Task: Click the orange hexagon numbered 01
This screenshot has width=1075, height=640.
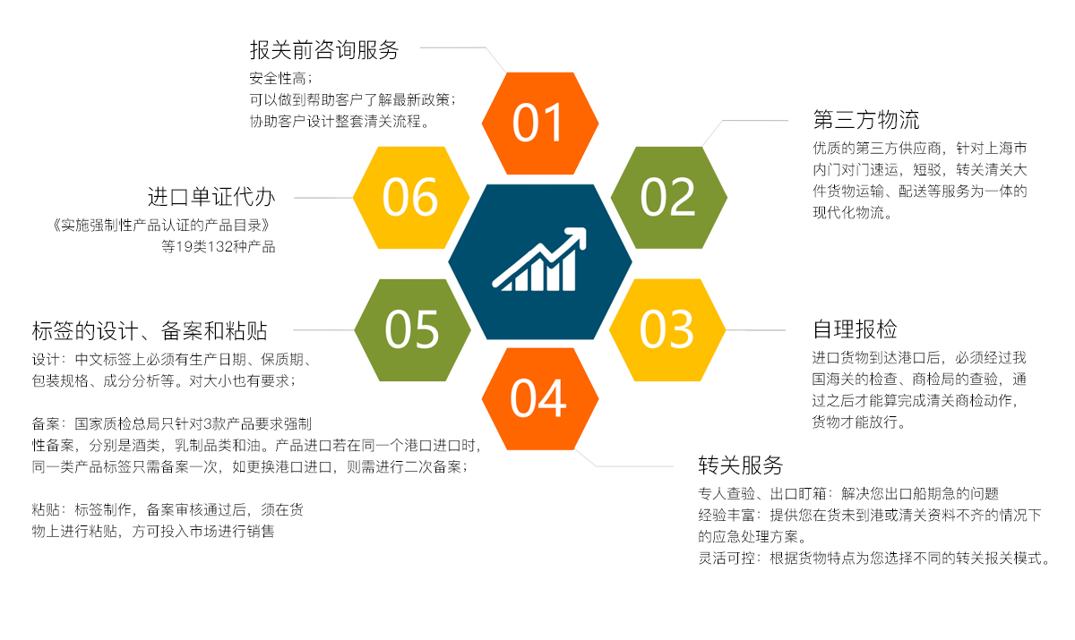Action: coord(540,124)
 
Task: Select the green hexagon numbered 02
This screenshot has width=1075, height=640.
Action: coord(668,198)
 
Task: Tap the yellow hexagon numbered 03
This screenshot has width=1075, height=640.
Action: coord(667,329)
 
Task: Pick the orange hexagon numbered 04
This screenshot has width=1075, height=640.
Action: coord(540,399)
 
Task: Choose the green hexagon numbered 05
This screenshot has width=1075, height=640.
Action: coord(412,329)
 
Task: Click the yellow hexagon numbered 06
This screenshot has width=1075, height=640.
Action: coord(411,198)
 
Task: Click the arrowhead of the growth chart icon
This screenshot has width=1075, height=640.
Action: coord(576,237)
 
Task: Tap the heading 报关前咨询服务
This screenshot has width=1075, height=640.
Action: coord(324,50)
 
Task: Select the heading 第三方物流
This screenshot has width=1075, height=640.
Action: coord(865,119)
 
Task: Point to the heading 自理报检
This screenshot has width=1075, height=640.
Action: coord(855,329)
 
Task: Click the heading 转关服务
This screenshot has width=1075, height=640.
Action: coord(741,465)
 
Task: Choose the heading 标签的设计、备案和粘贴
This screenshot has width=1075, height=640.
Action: coord(150,331)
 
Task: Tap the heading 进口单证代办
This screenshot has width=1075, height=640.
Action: coord(211,197)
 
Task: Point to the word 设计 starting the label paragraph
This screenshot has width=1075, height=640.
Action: coord(46,359)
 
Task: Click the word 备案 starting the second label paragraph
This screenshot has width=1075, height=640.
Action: coord(46,423)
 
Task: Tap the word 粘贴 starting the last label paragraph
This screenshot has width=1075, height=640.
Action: coord(46,509)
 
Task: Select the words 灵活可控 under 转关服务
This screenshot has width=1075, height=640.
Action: coord(727,558)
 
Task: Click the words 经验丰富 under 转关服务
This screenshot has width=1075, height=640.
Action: coord(727,515)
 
